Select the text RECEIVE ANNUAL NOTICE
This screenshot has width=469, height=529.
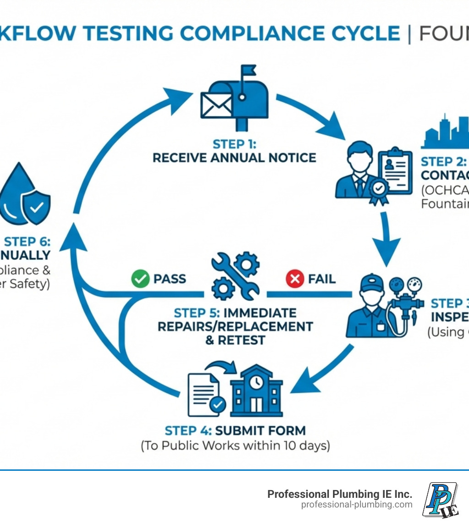(234, 158)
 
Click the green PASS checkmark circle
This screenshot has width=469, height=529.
(140, 279)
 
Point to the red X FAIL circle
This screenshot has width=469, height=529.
(294, 279)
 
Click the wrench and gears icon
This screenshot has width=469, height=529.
(235, 276)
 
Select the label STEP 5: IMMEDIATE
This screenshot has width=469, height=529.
(235, 313)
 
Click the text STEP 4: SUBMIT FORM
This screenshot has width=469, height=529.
(235, 430)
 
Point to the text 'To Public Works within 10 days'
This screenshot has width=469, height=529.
(235, 446)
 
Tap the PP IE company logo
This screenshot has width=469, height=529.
(440, 500)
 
